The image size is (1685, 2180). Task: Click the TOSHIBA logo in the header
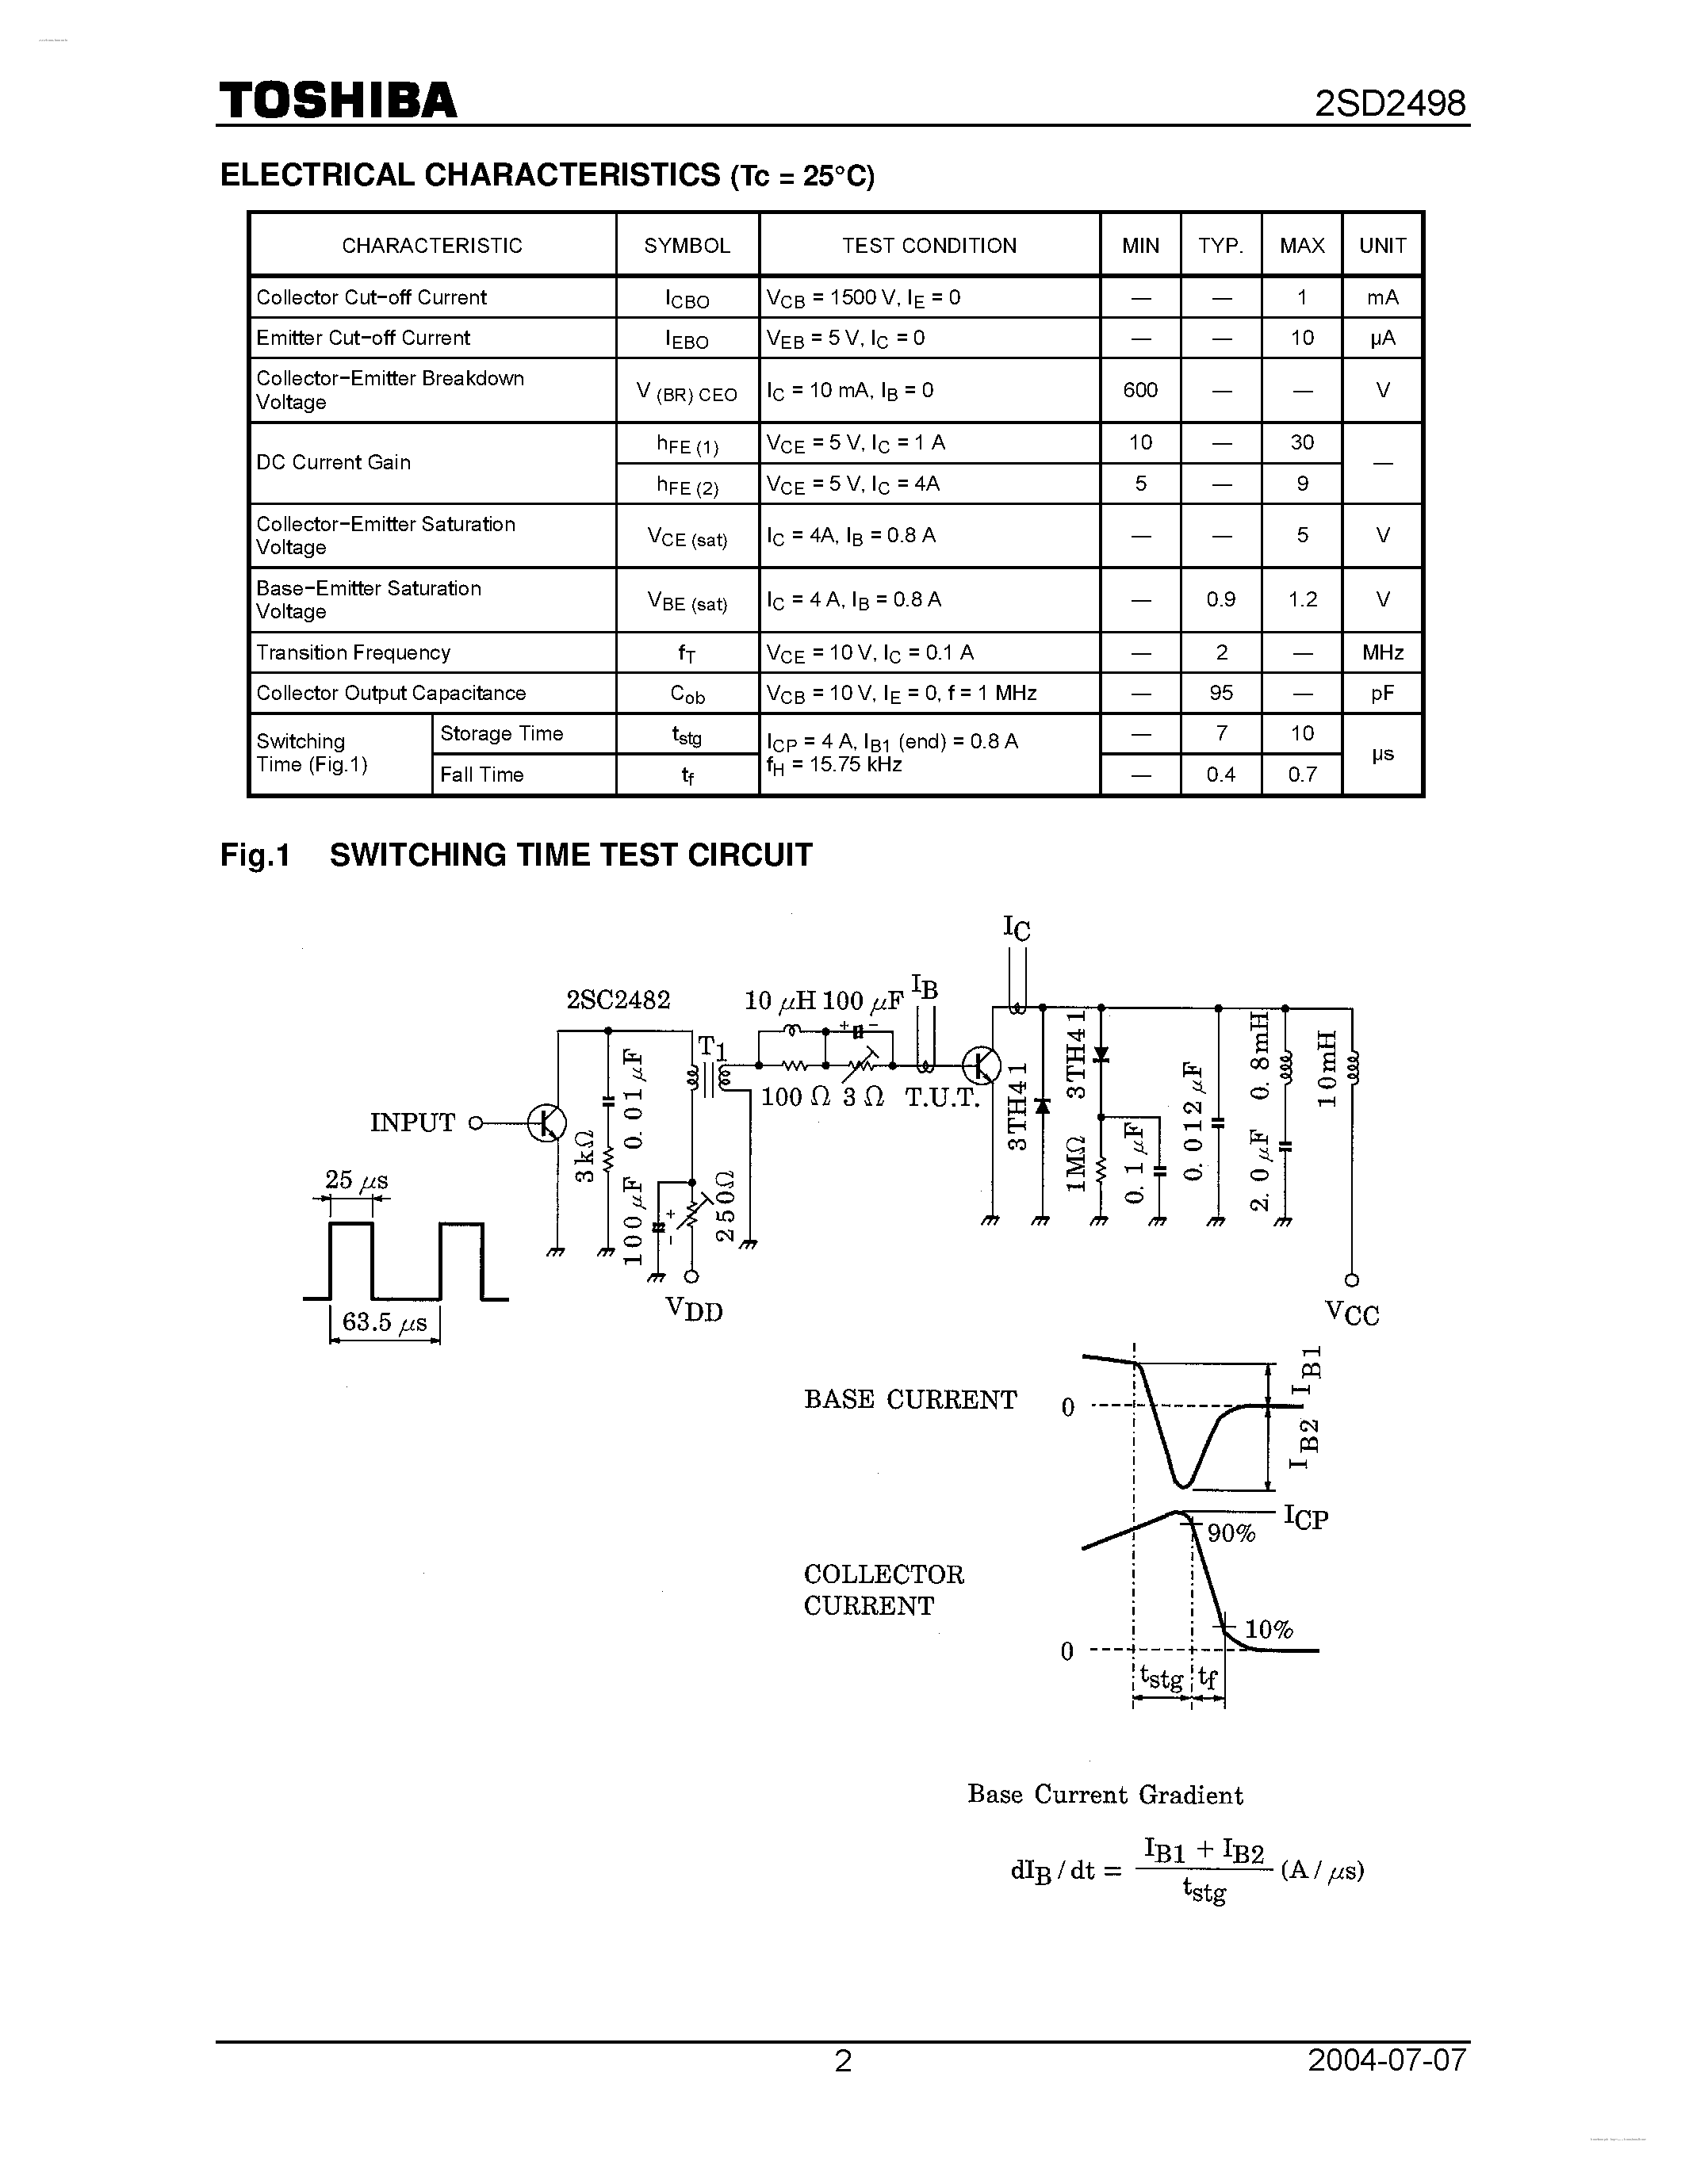(x=338, y=101)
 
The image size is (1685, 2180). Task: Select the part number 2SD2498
(x=1391, y=104)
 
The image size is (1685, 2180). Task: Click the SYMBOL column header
(x=687, y=246)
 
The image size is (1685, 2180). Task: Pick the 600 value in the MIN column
(x=1140, y=390)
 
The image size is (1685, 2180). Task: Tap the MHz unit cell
(x=1383, y=652)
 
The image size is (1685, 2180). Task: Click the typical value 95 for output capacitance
(x=1221, y=693)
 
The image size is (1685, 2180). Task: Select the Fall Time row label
(x=481, y=774)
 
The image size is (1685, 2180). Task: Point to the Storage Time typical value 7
(x=1221, y=733)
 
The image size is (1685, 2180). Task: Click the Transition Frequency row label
(x=354, y=652)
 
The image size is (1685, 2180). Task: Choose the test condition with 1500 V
(x=863, y=297)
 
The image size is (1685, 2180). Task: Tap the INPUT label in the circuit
(x=412, y=1123)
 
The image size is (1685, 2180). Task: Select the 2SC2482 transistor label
(x=618, y=999)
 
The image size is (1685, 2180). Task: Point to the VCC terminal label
(x=1352, y=1313)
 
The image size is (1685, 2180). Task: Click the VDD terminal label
(x=694, y=1309)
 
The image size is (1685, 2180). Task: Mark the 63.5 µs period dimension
(x=385, y=1322)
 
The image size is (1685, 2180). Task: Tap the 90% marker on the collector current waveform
(x=1231, y=1533)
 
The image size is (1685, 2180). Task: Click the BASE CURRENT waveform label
(x=910, y=1399)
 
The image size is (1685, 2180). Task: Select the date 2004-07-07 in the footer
(x=1388, y=2060)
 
